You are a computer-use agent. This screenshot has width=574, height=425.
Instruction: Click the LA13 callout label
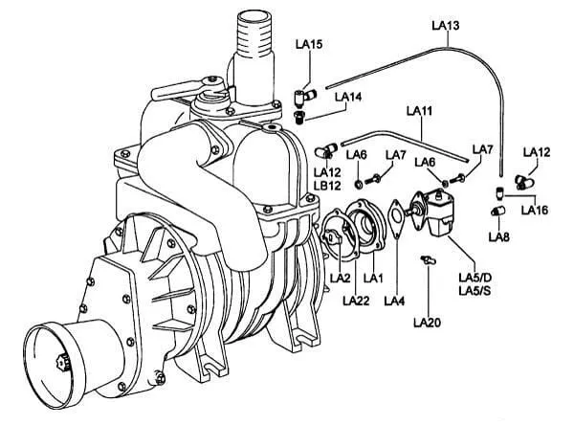click(446, 25)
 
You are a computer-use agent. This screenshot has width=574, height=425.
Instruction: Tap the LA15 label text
click(309, 44)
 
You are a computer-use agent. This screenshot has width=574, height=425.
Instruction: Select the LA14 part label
click(348, 97)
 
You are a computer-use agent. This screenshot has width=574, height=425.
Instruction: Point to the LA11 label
click(420, 111)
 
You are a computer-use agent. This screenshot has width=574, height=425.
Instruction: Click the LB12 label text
click(327, 186)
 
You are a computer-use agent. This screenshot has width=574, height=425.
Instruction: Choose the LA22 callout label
click(356, 301)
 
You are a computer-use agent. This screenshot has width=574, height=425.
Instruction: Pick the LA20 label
click(428, 323)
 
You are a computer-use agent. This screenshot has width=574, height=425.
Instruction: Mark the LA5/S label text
click(475, 291)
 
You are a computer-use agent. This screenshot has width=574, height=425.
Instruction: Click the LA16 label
click(535, 210)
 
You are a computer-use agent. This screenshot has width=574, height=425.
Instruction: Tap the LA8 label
click(499, 237)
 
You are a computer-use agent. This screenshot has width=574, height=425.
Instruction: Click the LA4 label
click(394, 302)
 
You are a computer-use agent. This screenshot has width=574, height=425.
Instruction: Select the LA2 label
click(341, 279)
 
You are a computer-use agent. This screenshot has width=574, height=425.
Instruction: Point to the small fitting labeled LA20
click(429, 260)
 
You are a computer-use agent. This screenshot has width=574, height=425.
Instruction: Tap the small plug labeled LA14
click(298, 118)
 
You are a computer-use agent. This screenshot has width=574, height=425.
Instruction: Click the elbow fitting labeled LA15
click(304, 97)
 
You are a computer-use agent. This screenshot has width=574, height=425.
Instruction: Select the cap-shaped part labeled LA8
click(497, 211)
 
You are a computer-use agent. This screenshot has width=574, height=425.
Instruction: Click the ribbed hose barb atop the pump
click(254, 34)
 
